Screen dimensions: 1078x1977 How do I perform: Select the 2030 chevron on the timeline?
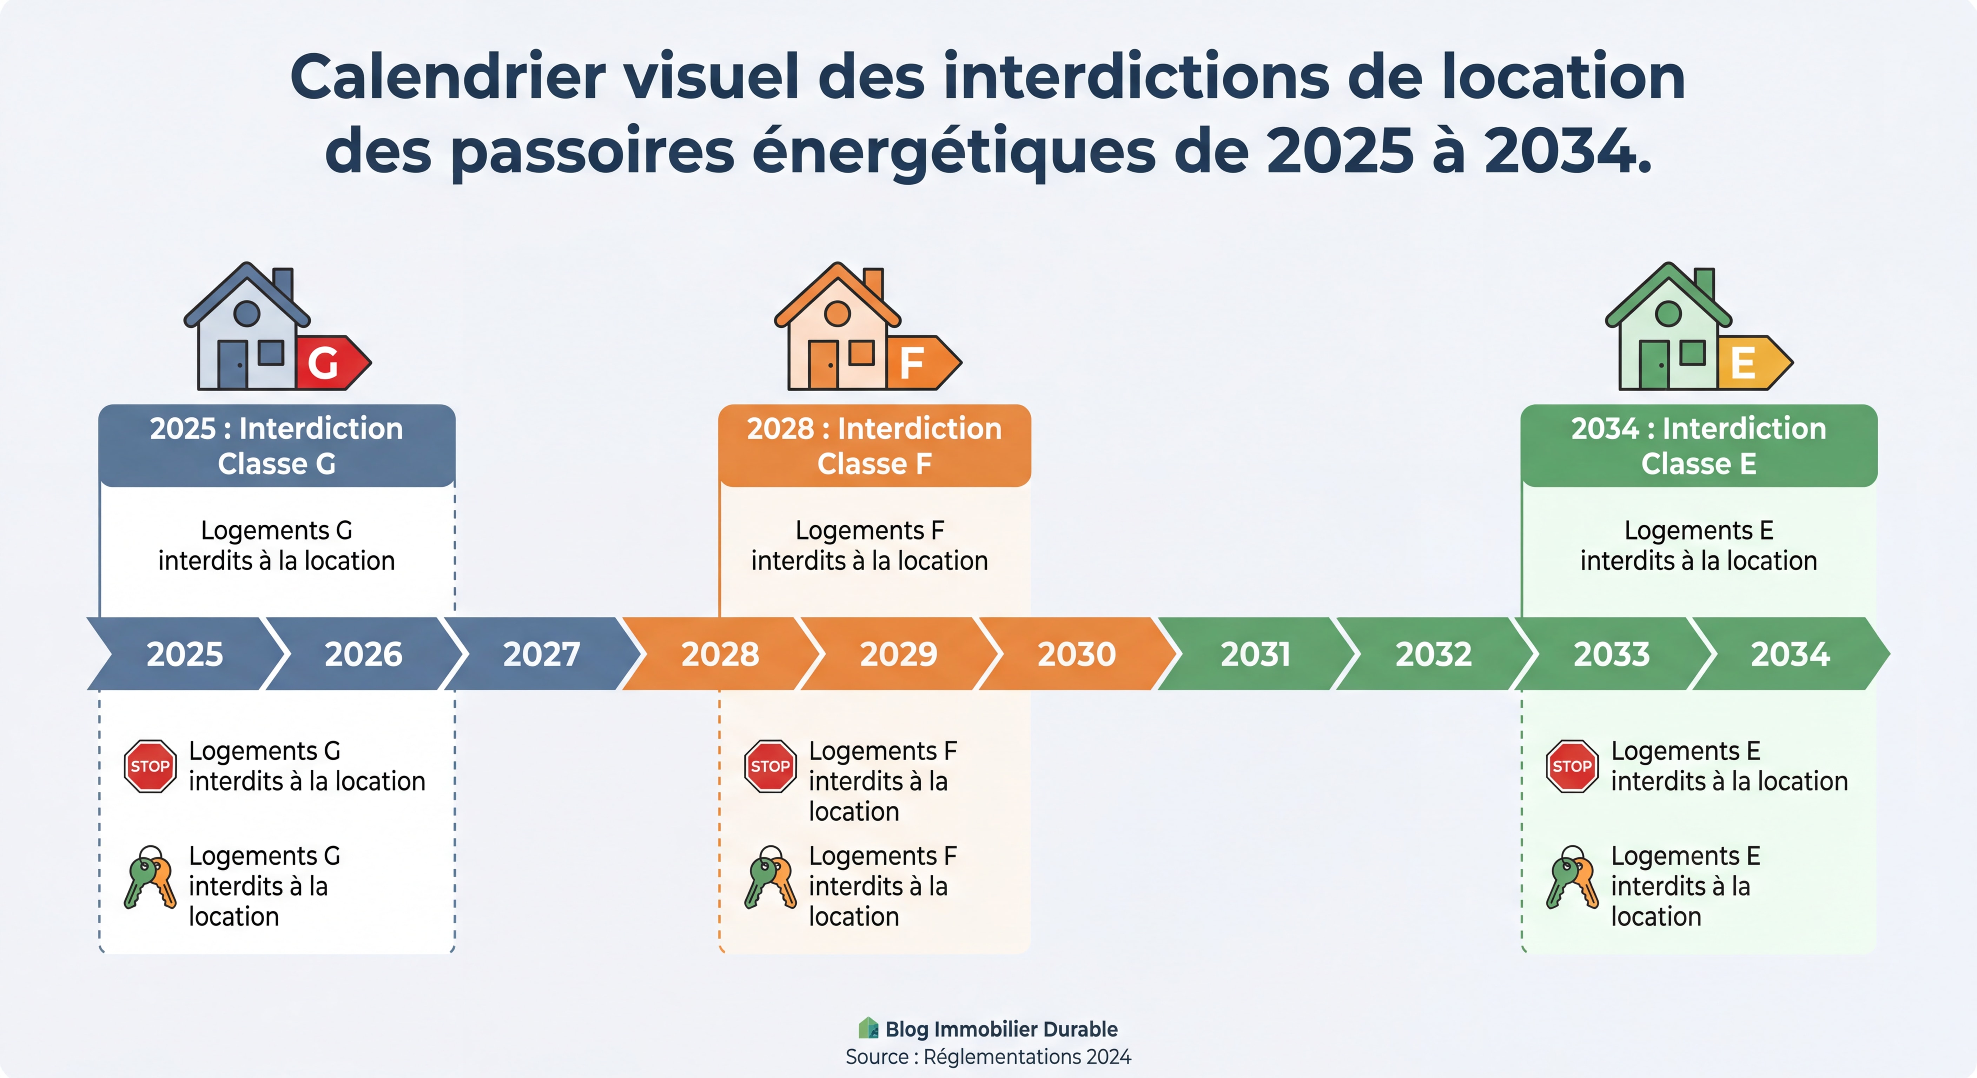[x=1076, y=654]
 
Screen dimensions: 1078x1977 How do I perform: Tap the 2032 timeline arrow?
[x=1433, y=654]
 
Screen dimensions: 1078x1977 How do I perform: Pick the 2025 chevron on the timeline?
[x=185, y=654]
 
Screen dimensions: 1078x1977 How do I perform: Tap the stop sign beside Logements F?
[x=770, y=766]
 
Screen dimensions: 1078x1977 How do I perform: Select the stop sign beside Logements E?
[x=1571, y=766]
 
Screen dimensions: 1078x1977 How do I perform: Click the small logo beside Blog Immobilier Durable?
[x=868, y=1028]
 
